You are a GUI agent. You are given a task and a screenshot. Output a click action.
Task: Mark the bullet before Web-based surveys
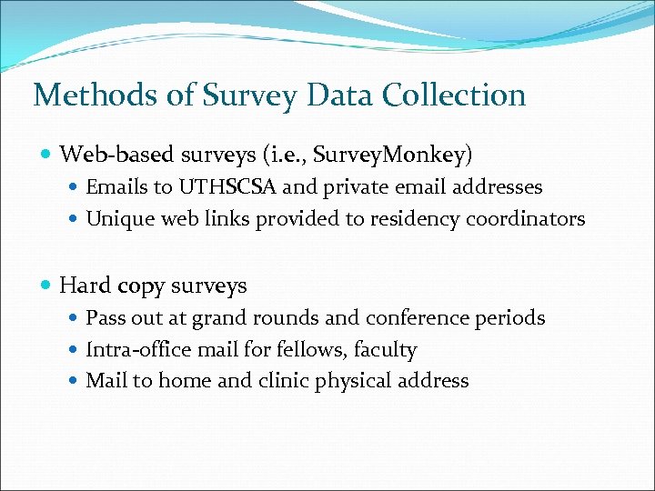pos(46,155)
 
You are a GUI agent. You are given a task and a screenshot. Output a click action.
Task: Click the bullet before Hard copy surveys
pos(46,286)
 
